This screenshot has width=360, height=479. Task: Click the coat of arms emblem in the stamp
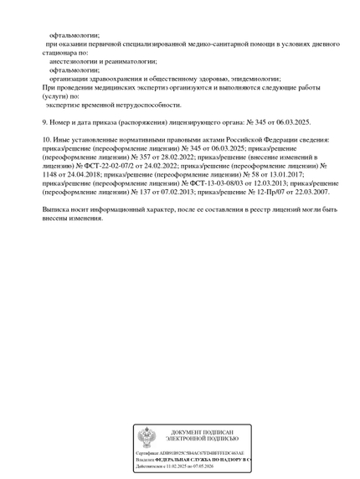tap(147, 438)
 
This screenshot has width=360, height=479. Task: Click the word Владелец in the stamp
tap(145, 460)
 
